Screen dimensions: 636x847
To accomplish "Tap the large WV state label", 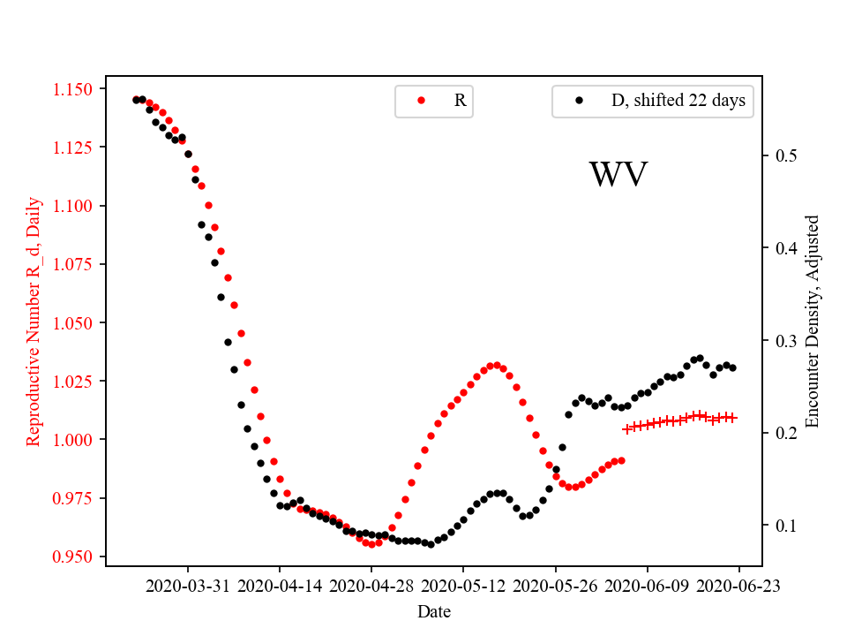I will click(618, 175).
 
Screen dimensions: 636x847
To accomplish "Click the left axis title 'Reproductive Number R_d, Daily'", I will click(34, 322).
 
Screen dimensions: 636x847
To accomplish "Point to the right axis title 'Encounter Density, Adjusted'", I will click(813, 322).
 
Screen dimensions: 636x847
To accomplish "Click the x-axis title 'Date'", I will click(434, 610).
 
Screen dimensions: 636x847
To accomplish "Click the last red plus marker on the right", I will click(732, 417).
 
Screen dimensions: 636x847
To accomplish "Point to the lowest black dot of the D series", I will click(431, 544).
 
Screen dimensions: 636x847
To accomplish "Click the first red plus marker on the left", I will click(627, 428).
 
